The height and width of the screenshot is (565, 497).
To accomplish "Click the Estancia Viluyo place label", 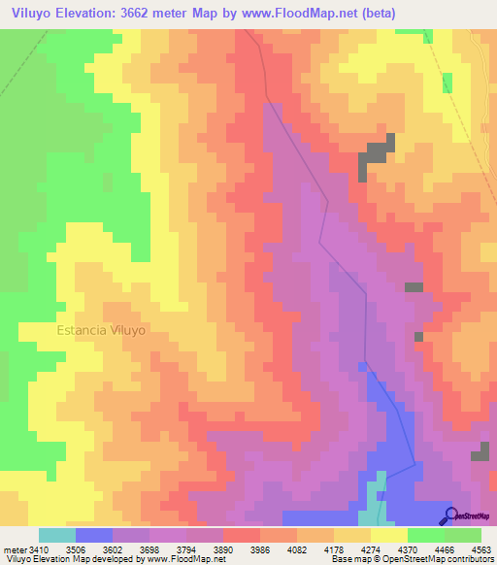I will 101,330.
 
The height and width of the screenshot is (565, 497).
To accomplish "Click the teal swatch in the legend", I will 57,535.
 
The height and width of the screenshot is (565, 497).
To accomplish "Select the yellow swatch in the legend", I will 388,535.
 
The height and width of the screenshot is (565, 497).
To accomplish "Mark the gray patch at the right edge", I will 481,453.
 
